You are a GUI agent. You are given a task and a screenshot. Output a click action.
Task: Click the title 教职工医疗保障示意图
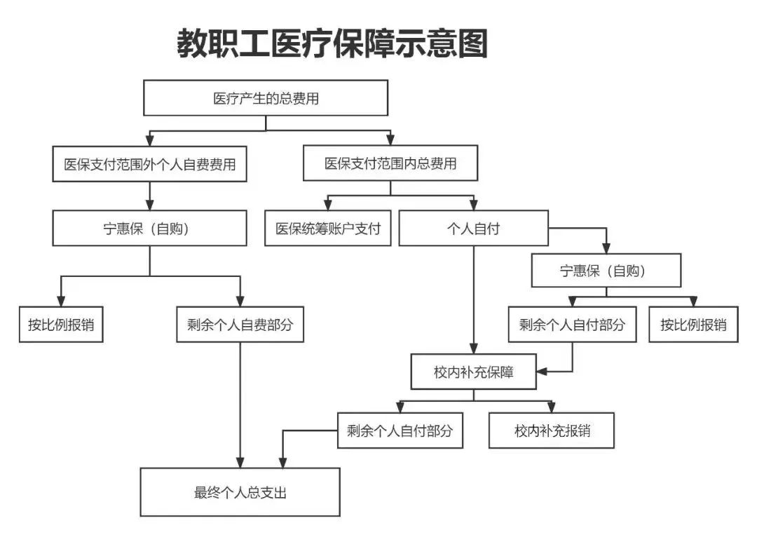(x=332, y=43)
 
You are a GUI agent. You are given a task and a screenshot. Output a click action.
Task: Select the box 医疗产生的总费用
(x=266, y=98)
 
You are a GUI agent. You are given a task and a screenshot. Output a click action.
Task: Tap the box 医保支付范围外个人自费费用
(x=150, y=165)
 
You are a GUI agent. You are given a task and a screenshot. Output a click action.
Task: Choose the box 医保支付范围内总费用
(x=390, y=163)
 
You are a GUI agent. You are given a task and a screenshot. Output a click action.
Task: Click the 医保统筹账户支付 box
(x=328, y=229)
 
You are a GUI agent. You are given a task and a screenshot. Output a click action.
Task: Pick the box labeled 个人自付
(x=473, y=229)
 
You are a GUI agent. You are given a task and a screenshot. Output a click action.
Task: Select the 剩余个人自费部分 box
(x=240, y=325)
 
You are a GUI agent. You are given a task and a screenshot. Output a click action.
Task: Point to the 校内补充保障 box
(x=473, y=372)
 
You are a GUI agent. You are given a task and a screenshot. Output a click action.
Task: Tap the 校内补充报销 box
(x=552, y=430)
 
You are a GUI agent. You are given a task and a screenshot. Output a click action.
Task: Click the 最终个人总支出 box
(x=240, y=492)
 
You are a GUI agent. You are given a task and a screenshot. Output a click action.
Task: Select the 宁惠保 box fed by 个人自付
(x=606, y=271)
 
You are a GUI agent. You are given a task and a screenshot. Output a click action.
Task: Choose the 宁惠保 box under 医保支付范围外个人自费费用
(x=150, y=229)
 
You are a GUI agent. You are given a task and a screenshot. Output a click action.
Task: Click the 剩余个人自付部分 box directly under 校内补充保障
(x=400, y=430)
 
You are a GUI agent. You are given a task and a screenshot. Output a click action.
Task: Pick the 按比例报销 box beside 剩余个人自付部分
(x=693, y=325)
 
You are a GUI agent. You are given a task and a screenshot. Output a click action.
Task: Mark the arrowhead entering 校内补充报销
(x=552, y=408)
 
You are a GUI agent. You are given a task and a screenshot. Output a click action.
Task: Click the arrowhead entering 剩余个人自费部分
(x=240, y=301)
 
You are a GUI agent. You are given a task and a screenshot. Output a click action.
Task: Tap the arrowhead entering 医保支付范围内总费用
(x=390, y=140)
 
